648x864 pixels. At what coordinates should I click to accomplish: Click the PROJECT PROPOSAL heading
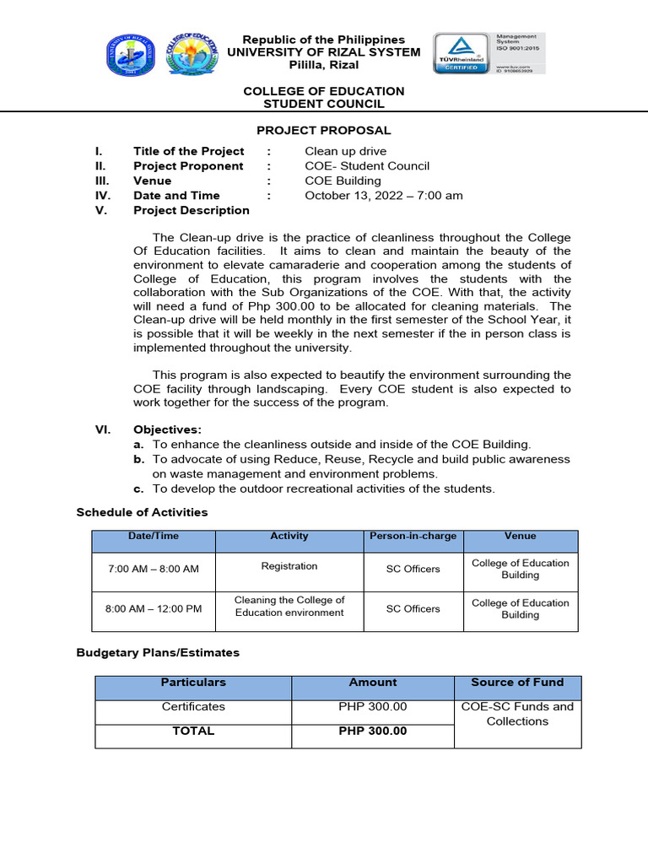pos(324,130)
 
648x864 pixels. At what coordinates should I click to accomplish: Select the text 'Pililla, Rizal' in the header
pos(324,65)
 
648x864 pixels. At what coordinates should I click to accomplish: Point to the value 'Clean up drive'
pos(344,152)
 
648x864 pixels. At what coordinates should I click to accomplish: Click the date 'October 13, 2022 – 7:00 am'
pos(383,196)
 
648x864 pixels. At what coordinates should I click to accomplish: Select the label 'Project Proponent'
pos(187,166)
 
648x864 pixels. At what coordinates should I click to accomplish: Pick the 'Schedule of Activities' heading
pos(142,512)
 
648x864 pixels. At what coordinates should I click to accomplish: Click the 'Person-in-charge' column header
pos(413,537)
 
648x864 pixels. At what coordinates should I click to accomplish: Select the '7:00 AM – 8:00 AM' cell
pos(154,569)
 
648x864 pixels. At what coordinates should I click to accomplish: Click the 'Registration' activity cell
pos(289,566)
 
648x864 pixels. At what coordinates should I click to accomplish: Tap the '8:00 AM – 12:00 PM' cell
pos(154,608)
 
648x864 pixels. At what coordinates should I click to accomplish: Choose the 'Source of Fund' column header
pos(517,683)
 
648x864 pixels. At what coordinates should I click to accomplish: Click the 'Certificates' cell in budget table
pos(193,707)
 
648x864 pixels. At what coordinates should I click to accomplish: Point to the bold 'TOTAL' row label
pos(193,731)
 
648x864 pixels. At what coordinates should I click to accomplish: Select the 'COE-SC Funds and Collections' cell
pos(517,714)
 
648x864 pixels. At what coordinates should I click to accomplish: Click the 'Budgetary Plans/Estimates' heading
pos(158,652)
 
